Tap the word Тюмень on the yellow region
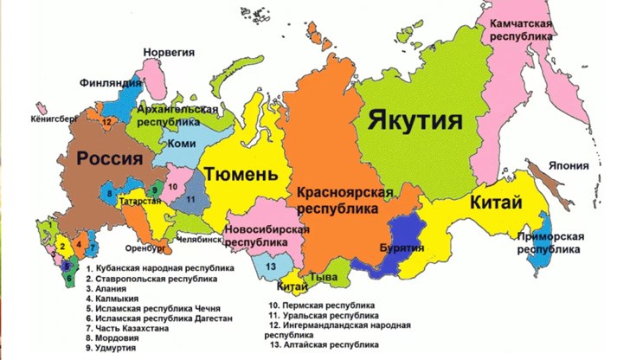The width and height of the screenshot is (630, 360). [241, 175]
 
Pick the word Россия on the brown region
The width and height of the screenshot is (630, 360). [110, 158]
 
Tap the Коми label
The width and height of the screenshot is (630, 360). [183, 144]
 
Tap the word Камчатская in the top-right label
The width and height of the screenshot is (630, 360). [521, 23]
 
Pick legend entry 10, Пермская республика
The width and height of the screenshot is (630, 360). [322, 305]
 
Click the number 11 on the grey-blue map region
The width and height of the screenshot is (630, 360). [192, 200]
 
